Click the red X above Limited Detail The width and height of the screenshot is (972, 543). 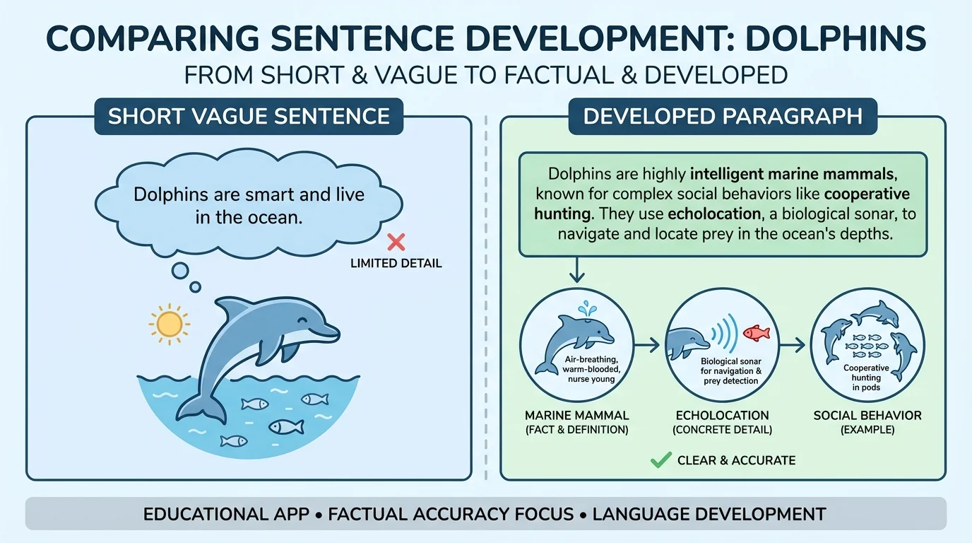point(396,243)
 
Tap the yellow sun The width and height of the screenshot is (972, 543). point(170,324)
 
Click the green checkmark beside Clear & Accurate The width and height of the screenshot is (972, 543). point(660,460)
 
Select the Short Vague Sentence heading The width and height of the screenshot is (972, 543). point(249,116)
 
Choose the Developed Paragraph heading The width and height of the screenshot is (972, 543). point(723,116)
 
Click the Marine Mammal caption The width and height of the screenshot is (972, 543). point(576,415)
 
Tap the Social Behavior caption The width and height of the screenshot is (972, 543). point(867,415)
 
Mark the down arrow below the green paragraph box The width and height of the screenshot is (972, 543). point(577,270)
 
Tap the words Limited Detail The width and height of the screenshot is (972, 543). point(396,264)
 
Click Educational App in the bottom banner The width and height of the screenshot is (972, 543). point(226,514)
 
